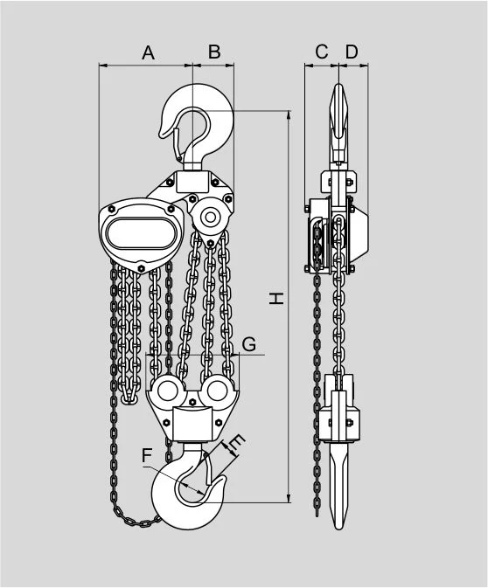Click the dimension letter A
(x=149, y=53)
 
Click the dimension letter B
(x=214, y=52)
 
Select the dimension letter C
(x=322, y=52)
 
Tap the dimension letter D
(x=352, y=52)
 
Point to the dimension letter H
(x=276, y=298)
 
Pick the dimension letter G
(x=249, y=344)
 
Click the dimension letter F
(x=147, y=455)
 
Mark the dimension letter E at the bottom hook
(x=237, y=442)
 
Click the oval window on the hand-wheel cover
(x=141, y=233)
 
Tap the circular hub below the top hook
(x=210, y=217)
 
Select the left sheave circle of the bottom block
(x=167, y=391)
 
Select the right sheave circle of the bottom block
(x=218, y=391)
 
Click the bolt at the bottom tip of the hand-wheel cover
(x=141, y=268)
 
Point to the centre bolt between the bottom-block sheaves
(x=192, y=402)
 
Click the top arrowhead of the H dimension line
(x=289, y=114)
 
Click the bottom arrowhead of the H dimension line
(x=289, y=498)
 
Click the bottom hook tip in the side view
(x=338, y=526)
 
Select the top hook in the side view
(x=338, y=124)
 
